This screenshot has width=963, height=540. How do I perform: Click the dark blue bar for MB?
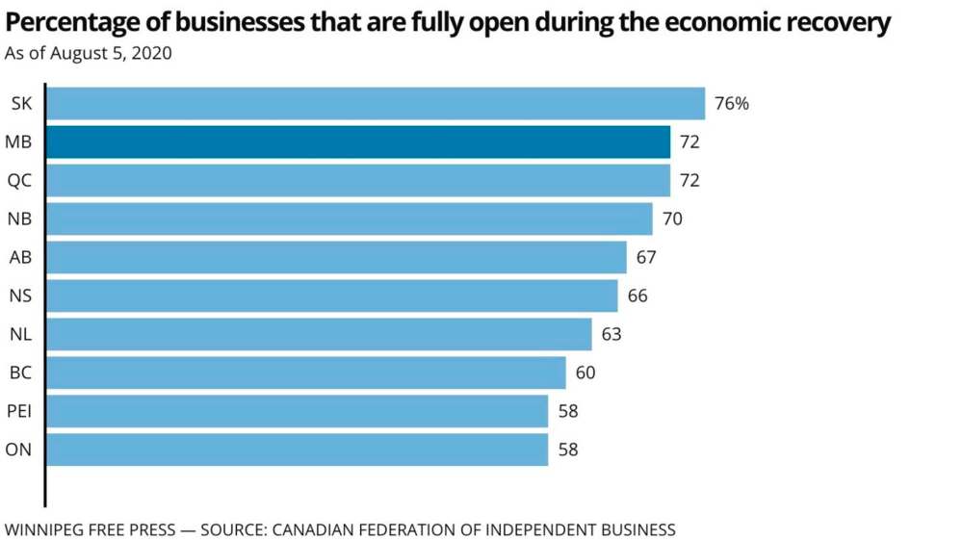click(358, 142)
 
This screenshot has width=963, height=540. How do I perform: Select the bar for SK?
click(376, 104)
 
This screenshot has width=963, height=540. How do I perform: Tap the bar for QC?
click(358, 181)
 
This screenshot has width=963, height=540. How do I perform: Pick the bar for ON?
click(297, 450)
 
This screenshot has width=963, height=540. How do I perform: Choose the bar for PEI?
click(297, 411)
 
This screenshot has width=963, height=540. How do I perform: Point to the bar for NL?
click(319, 334)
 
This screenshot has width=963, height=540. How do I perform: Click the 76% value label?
click(731, 104)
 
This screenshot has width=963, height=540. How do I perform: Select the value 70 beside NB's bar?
click(672, 219)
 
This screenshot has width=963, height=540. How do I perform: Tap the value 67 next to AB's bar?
click(646, 258)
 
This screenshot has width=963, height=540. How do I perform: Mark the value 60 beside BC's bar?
click(586, 373)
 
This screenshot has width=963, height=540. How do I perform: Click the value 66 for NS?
click(638, 296)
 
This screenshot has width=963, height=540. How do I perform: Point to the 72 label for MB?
click(690, 142)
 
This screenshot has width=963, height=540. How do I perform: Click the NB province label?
click(20, 219)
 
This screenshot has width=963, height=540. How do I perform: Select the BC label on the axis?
click(20, 373)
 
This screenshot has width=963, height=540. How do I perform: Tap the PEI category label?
click(20, 411)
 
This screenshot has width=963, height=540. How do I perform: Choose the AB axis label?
click(20, 258)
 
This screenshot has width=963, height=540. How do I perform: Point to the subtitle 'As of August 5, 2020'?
click(89, 54)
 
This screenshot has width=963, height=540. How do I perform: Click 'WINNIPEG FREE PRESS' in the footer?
click(91, 529)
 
